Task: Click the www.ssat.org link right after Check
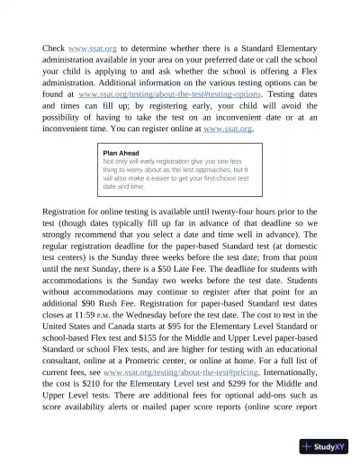(94, 49)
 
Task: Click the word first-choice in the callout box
(220, 178)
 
